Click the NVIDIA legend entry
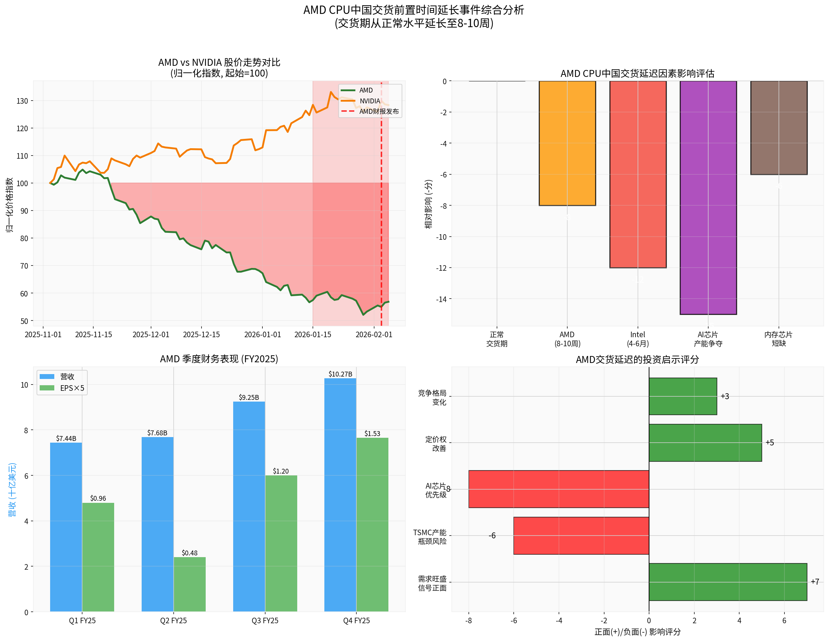click(369, 101)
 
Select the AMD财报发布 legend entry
click(378, 112)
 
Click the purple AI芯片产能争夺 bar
click(708, 197)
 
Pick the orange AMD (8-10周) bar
click(567, 143)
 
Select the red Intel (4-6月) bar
click(638, 174)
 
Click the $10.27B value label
click(340, 374)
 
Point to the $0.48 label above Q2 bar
click(189, 553)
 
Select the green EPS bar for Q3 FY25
click(281, 543)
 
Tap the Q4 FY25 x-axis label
click(356, 620)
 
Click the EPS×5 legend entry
click(72, 388)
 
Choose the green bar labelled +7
click(728, 582)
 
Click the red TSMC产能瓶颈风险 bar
click(581, 536)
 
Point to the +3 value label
click(725, 396)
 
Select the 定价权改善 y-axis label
click(435, 444)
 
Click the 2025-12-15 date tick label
click(201, 335)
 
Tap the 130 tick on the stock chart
click(22, 101)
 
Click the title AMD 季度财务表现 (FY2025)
click(219, 359)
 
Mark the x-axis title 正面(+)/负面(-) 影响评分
click(637, 632)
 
